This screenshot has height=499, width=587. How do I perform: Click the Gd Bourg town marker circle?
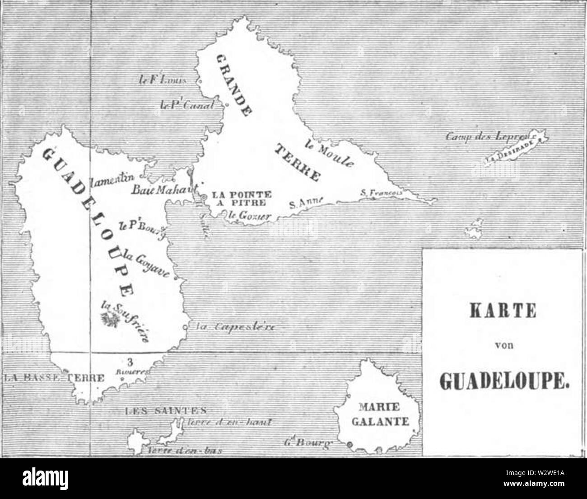coord(349,445)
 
